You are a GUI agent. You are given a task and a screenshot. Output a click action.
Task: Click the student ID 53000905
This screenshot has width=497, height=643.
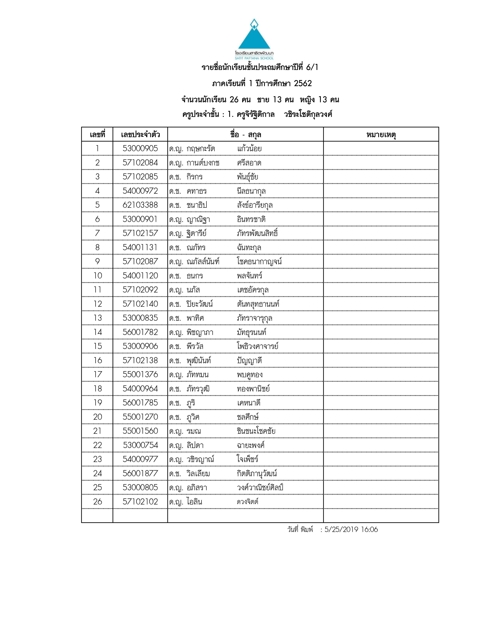(x=140, y=148)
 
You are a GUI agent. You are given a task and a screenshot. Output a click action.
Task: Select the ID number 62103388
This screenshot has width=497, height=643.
(x=140, y=205)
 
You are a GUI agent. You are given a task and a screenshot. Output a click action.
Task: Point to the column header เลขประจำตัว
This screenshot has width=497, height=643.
(x=140, y=135)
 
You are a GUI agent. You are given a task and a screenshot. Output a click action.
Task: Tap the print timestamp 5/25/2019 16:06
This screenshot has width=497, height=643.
(x=351, y=530)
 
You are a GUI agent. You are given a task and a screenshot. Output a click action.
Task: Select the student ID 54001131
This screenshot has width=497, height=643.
(x=140, y=247)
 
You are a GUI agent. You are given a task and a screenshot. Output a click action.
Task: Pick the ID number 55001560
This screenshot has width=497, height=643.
(x=140, y=431)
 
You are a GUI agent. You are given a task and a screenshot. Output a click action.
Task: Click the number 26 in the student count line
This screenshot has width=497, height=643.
(x=234, y=100)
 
